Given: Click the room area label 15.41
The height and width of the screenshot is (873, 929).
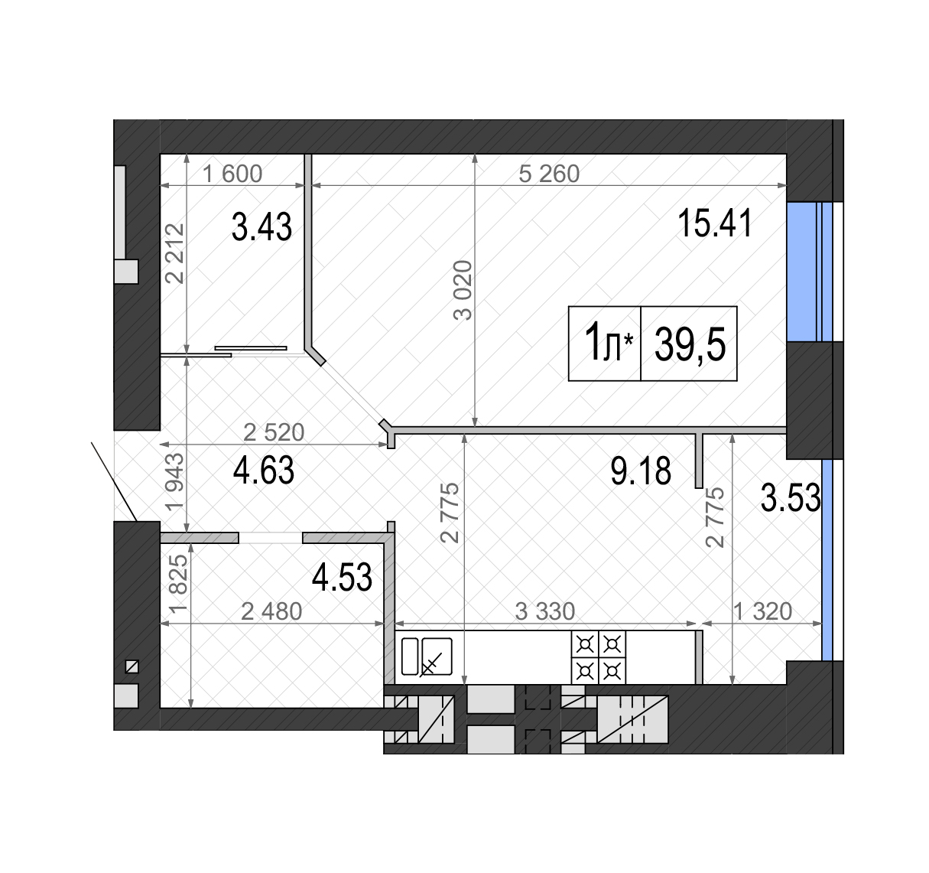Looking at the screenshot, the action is click(715, 223).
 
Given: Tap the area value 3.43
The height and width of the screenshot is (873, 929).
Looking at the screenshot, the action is click(262, 227).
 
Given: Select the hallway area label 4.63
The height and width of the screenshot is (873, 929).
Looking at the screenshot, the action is click(264, 470).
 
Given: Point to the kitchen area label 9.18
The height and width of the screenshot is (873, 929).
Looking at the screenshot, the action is click(641, 471).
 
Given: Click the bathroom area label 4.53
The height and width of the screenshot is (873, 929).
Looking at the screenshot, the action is click(342, 578).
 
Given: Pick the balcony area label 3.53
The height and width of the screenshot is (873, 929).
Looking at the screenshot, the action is click(791, 498).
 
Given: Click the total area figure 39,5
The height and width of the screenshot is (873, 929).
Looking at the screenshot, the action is click(690, 345).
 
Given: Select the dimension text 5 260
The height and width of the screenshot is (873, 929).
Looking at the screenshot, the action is click(549, 174).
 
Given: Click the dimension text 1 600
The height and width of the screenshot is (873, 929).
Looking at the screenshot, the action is click(232, 174).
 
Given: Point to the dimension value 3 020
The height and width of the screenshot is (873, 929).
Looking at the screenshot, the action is click(463, 290).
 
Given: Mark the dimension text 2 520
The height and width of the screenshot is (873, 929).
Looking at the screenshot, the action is click(274, 432).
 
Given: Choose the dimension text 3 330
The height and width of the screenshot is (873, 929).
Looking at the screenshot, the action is click(545, 612).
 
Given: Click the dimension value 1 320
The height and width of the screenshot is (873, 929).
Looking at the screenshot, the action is click(763, 612).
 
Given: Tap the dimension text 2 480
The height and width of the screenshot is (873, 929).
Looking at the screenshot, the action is click(271, 612).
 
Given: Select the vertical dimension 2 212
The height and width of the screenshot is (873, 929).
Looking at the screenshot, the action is click(175, 254).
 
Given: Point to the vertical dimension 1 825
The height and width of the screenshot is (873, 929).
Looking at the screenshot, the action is click(179, 585).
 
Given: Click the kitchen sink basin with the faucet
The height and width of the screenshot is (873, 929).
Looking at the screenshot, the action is click(437, 656).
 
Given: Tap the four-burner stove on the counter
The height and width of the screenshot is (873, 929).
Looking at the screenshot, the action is click(598, 657).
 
